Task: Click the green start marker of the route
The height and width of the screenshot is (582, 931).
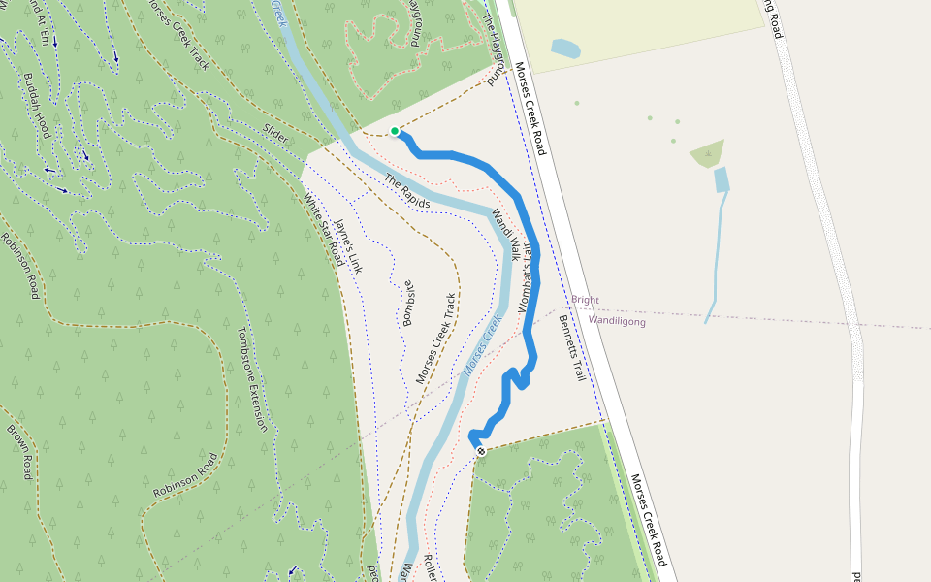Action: click(395, 131)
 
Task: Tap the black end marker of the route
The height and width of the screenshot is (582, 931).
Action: click(481, 451)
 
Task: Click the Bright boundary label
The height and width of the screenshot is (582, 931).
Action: click(585, 301)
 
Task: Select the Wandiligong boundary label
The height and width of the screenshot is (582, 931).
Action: click(617, 321)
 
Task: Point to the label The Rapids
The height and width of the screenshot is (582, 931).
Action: click(406, 191)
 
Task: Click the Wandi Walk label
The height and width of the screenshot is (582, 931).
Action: click(505, 235)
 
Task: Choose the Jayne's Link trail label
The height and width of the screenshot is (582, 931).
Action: click(347, 246)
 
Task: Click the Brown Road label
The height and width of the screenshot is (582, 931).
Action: click(19, 451)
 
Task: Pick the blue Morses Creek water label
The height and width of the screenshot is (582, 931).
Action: click(483, 345)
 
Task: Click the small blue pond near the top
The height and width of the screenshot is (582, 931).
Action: click(565, 48)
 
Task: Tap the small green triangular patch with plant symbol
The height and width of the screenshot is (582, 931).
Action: click(708, 153)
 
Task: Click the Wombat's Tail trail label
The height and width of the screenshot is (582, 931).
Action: click(526, 274)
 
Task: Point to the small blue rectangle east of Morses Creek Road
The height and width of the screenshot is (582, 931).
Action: click(722, 179)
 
